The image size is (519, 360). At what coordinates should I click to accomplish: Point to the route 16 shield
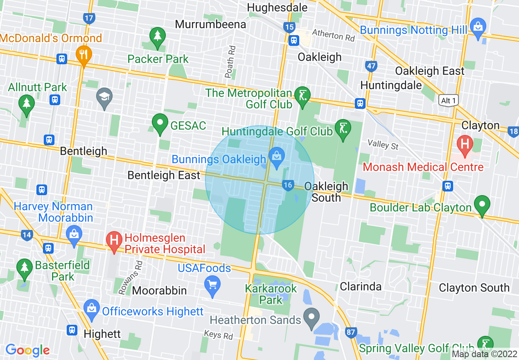(288, 185)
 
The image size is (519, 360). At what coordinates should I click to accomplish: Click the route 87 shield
(351, 332)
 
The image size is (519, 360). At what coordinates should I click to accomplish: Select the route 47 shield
(371, 66)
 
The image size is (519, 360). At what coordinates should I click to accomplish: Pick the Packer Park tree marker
(157, 37)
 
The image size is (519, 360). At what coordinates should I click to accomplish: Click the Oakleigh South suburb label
(326, 192)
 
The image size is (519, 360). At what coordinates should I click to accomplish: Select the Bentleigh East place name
(164, 175)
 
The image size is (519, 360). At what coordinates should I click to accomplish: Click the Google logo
(27, 350)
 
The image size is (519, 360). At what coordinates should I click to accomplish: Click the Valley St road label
(383, 144)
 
